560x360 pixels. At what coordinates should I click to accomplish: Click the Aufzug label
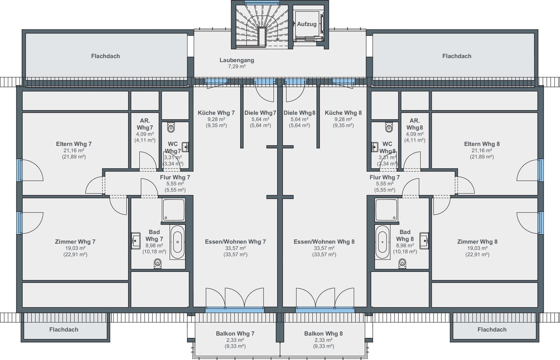pyautogui.click(x=306, y=24)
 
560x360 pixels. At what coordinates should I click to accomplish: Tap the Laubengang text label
pyautogui.click(x=237, y=60)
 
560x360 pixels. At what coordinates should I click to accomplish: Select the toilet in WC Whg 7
pyautogui.click(x=171, y=127)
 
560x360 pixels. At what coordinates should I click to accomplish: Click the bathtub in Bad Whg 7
pyautogui.click(x=177, y=242)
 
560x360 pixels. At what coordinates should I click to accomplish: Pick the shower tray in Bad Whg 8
pyautogui.click(x=386, y=210)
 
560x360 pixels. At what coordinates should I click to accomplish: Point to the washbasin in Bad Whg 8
pyautogui.click(x=424, y=241)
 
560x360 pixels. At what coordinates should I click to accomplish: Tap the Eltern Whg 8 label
pyautogui.click(x=482, y=144)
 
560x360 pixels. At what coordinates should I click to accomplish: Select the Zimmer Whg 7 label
pyautogui.click(x=75, y=242)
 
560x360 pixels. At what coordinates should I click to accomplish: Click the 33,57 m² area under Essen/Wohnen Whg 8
pyautogui.click(x=324, y=248)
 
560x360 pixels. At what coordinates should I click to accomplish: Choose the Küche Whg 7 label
pyautogui.click(x=216, y=113)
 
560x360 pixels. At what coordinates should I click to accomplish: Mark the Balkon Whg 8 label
pyautogui.click(x=323, y=334)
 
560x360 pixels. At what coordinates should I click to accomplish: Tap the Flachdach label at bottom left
pyautogui.click(x=64, y=330)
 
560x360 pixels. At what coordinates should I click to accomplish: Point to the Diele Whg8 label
pyautogui.click(x=299, y=113)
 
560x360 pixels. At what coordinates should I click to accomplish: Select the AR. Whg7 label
pyautogui.click(x=145, y=124)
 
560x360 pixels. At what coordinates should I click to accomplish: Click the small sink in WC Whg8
pyautogui.click(x=374, y=147)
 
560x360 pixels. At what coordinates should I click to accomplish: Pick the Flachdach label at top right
pyautogui.click(x=457, y=56)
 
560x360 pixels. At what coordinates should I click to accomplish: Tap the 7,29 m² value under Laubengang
pyautogui.click(x=237, y=66)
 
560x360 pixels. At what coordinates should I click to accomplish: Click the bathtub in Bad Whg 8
pyautogui.click(x=382, y=242)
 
